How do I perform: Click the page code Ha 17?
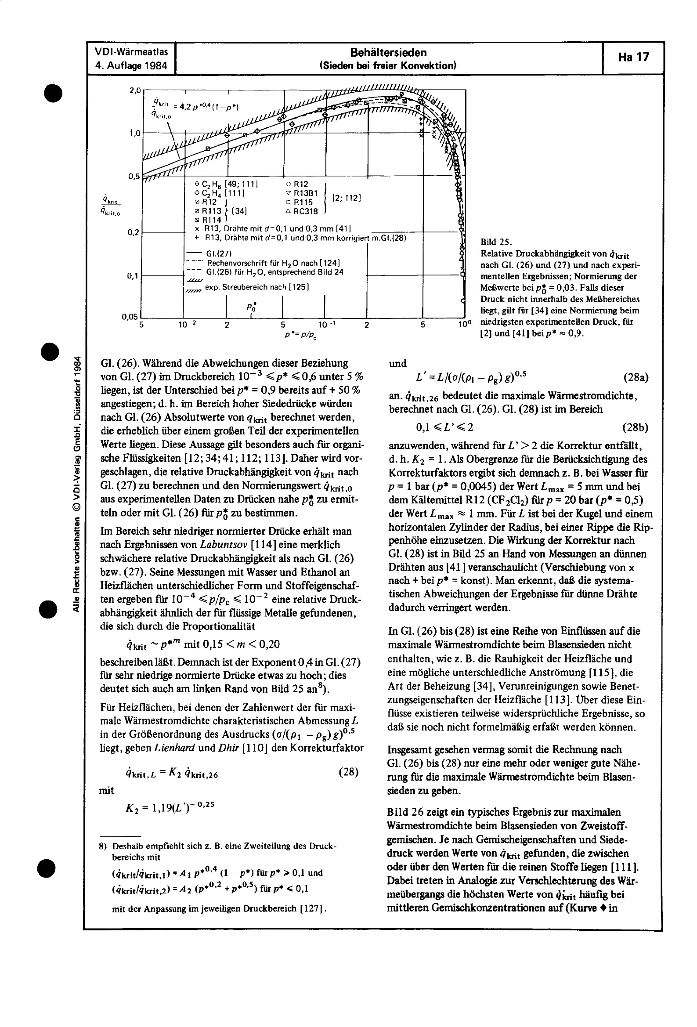click(633, 58)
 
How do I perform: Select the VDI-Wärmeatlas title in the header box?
click(131, 52)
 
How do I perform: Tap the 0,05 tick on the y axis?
click(130, 317)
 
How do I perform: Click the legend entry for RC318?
click(301, 211)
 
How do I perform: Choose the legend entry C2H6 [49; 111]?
click(226, 184)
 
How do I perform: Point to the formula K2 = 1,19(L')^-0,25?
click(170, 806)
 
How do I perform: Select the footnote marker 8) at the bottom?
click(103, 846)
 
